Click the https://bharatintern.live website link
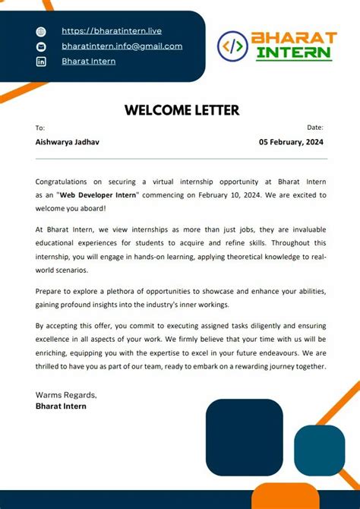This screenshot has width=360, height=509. point(111,31)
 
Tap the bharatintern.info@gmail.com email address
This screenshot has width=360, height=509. point(122,46)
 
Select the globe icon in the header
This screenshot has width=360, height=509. point(41,32)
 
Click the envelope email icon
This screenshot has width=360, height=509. point(41,46)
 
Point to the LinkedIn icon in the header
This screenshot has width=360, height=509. point(41,62)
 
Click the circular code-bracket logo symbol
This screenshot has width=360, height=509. point(232,46)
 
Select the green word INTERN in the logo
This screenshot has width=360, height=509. point(293,53)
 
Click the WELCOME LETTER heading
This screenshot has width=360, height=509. point(182,110)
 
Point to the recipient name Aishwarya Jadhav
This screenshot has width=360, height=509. point(67,142)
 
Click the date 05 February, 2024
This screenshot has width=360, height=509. point(291,142)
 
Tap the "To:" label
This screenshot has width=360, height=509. point(40,128)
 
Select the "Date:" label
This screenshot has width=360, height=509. point(315,128)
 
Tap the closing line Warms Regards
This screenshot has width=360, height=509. point(66,395)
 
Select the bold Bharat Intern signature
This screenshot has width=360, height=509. point(61,406)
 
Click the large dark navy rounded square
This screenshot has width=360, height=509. point(244,437)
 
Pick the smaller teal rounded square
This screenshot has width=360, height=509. point(319,450)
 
